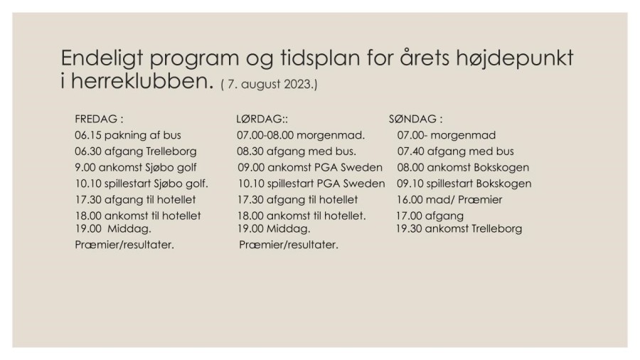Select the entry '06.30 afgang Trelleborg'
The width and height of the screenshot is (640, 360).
click(135, 152)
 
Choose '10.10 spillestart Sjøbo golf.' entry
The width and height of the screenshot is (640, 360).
click(142, 184)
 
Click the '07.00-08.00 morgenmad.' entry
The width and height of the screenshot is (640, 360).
click(301, 135)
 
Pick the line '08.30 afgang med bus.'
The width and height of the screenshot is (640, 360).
click(297, 152)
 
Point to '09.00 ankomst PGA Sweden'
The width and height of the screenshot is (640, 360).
click(310, 168)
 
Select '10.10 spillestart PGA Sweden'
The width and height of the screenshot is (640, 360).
click(311, 184)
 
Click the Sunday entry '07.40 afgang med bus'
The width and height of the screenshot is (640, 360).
click(455, 152)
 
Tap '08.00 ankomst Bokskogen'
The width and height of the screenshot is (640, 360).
click(463, 168)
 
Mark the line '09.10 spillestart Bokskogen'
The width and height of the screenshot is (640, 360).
click(464, 184)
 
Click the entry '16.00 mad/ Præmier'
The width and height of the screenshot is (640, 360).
click(449, 200)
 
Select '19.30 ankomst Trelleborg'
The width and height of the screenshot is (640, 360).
click(459, 229)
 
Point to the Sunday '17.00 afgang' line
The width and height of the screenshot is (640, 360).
click(430, 216)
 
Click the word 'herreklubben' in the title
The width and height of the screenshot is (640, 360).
click(142, 82)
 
